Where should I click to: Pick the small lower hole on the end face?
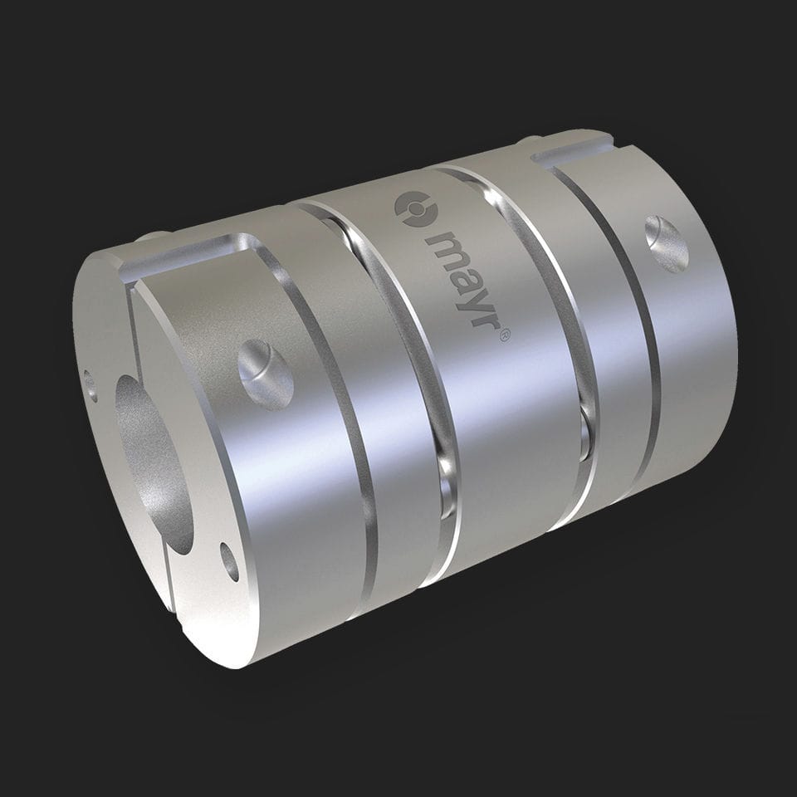(x=230, y=561)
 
